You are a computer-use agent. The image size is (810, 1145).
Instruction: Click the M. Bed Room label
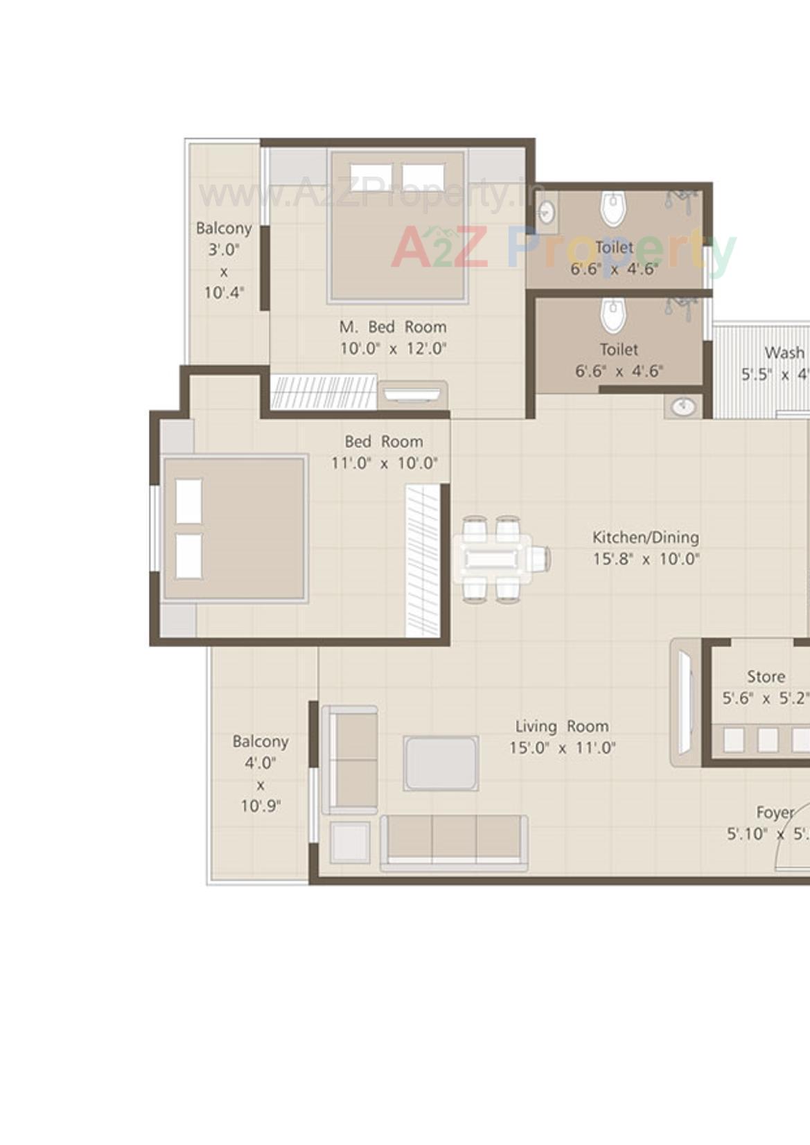tap(392, 327)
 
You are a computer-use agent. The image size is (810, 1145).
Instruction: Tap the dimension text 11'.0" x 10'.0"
tap(384, 463)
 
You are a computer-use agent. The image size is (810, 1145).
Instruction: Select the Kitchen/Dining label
tap(645, 537)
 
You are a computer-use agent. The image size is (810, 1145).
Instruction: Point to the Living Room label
tap(561, 726)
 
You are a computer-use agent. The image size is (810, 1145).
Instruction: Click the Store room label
tap(766, 676)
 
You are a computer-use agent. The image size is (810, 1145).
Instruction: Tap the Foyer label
tap(775, 813)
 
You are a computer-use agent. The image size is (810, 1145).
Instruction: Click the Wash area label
tap(784, 353)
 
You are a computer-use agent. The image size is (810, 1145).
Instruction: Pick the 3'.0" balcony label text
tap(223, 249)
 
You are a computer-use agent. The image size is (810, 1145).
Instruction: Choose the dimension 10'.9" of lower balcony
tap(260, 806)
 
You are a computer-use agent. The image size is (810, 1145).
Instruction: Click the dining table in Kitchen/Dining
tap(492, 558)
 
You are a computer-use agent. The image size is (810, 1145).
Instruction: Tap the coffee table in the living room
tap(441, 763)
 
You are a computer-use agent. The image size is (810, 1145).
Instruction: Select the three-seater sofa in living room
tap(454, 842)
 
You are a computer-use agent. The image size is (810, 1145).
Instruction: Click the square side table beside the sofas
tap(350, 842)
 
